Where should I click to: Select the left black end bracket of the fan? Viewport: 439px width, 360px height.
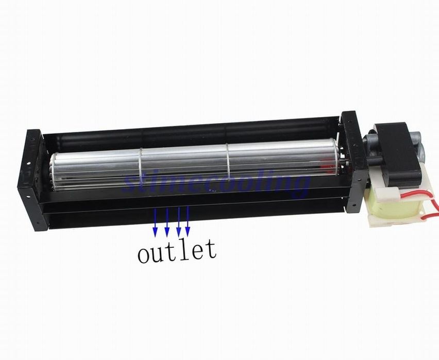tap(32, 180)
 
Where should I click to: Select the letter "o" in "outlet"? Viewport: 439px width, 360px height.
tap(144, 253)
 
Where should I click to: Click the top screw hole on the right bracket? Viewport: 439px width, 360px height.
tap(349, 122)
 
